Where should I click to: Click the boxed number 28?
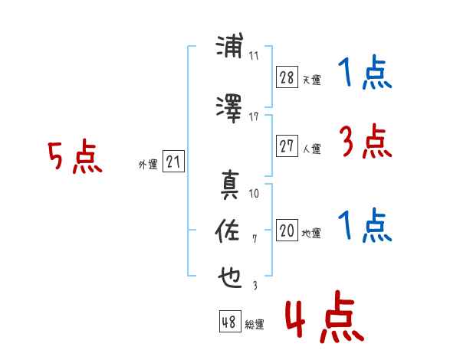point(287,77)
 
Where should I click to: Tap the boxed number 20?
point(287,231)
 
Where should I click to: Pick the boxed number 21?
point(173,162)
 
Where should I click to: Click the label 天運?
point(310,80)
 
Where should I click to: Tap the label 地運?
point(310,233)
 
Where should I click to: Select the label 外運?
point(147,164)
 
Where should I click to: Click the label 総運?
point(255,325)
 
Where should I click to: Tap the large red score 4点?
point(324,319)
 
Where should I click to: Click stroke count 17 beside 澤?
point(254,116)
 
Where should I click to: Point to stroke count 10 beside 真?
point(254,193)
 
